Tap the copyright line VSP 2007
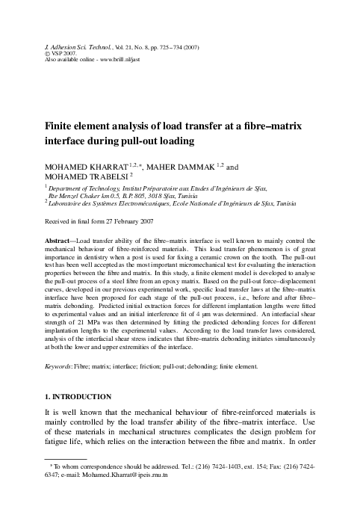(64, 52)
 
